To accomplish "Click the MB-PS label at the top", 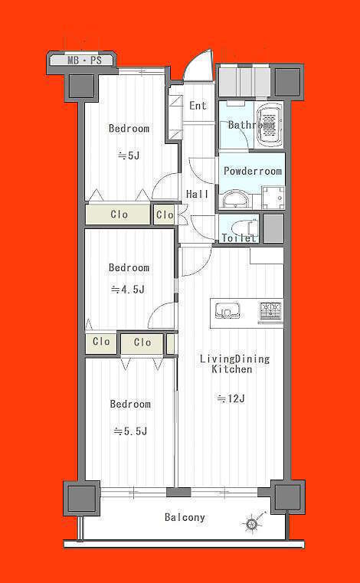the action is (84, 61).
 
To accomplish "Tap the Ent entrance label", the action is (198, 106).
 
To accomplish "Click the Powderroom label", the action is (253, 172).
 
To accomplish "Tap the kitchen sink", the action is (228, 311).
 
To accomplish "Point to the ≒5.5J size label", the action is (130, 431).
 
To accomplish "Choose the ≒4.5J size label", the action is (128, 290).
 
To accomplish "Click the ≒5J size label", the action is (129, 156).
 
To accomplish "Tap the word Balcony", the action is (185, 517).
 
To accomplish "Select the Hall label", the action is (197, 194).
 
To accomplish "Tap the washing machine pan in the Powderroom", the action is (273, 198).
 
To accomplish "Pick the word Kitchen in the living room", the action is (232, 369).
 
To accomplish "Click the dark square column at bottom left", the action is (81, 498).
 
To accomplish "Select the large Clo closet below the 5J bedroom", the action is (118, 215).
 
